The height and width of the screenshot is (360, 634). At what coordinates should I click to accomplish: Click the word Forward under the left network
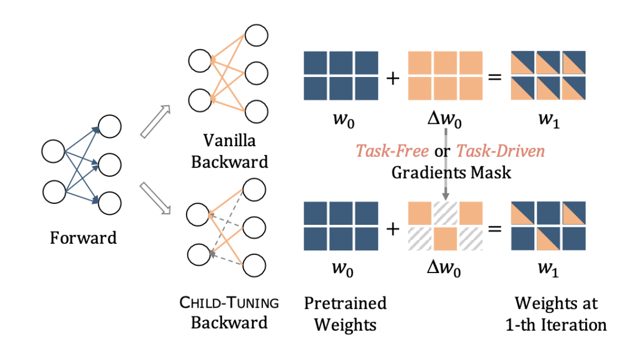click(83, 238)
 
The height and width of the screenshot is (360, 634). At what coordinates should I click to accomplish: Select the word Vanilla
click(230, 141)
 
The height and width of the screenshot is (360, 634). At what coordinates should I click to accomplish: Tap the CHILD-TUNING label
click(230, 302)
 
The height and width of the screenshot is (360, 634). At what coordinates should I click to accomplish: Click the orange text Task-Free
click(392, 152)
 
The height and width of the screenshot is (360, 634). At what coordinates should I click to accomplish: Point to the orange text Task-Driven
click(501, 152)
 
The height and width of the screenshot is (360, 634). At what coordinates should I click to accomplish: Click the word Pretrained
click(345, 303)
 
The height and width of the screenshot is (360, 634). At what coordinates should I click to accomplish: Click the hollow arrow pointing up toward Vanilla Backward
click(156, 122)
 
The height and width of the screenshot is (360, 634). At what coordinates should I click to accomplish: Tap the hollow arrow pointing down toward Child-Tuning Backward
click(156, 198)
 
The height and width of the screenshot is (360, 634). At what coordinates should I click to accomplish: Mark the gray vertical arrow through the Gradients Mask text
click(446, 164)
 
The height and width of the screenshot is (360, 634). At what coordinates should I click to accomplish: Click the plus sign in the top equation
click(393, 78)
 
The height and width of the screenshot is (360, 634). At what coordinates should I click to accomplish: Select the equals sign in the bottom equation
click(495, 228)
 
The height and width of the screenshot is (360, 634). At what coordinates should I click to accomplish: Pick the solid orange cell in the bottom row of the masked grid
click(445, 238)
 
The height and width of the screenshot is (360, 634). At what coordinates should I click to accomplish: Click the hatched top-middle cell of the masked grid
click(445, 213)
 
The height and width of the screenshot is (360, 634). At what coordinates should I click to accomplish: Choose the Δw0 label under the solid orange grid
click(444, 120)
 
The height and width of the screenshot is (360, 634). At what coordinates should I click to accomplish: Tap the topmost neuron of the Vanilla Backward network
click(257, 36)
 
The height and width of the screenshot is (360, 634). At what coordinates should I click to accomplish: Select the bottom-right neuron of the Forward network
click(110, 203)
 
